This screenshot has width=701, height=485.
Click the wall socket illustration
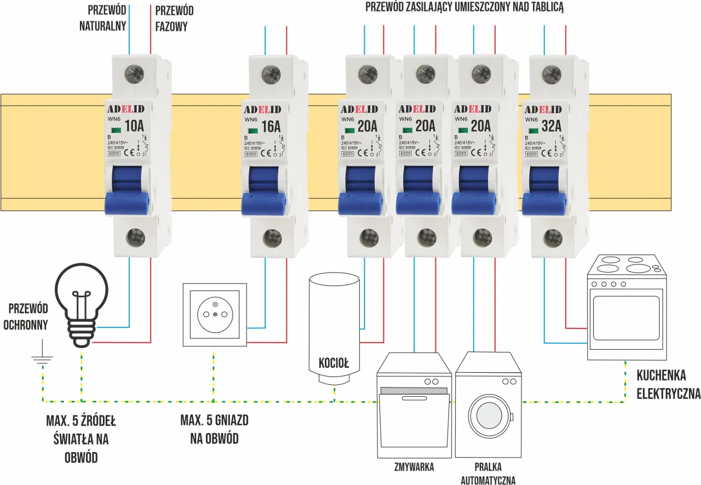point(215,315)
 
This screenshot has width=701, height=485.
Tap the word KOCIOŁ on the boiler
point(334,363)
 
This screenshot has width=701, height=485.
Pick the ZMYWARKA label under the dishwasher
point(415,467)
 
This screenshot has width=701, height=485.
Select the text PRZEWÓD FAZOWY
point(174,18)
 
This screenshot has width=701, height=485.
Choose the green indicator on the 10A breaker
point(116,130)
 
